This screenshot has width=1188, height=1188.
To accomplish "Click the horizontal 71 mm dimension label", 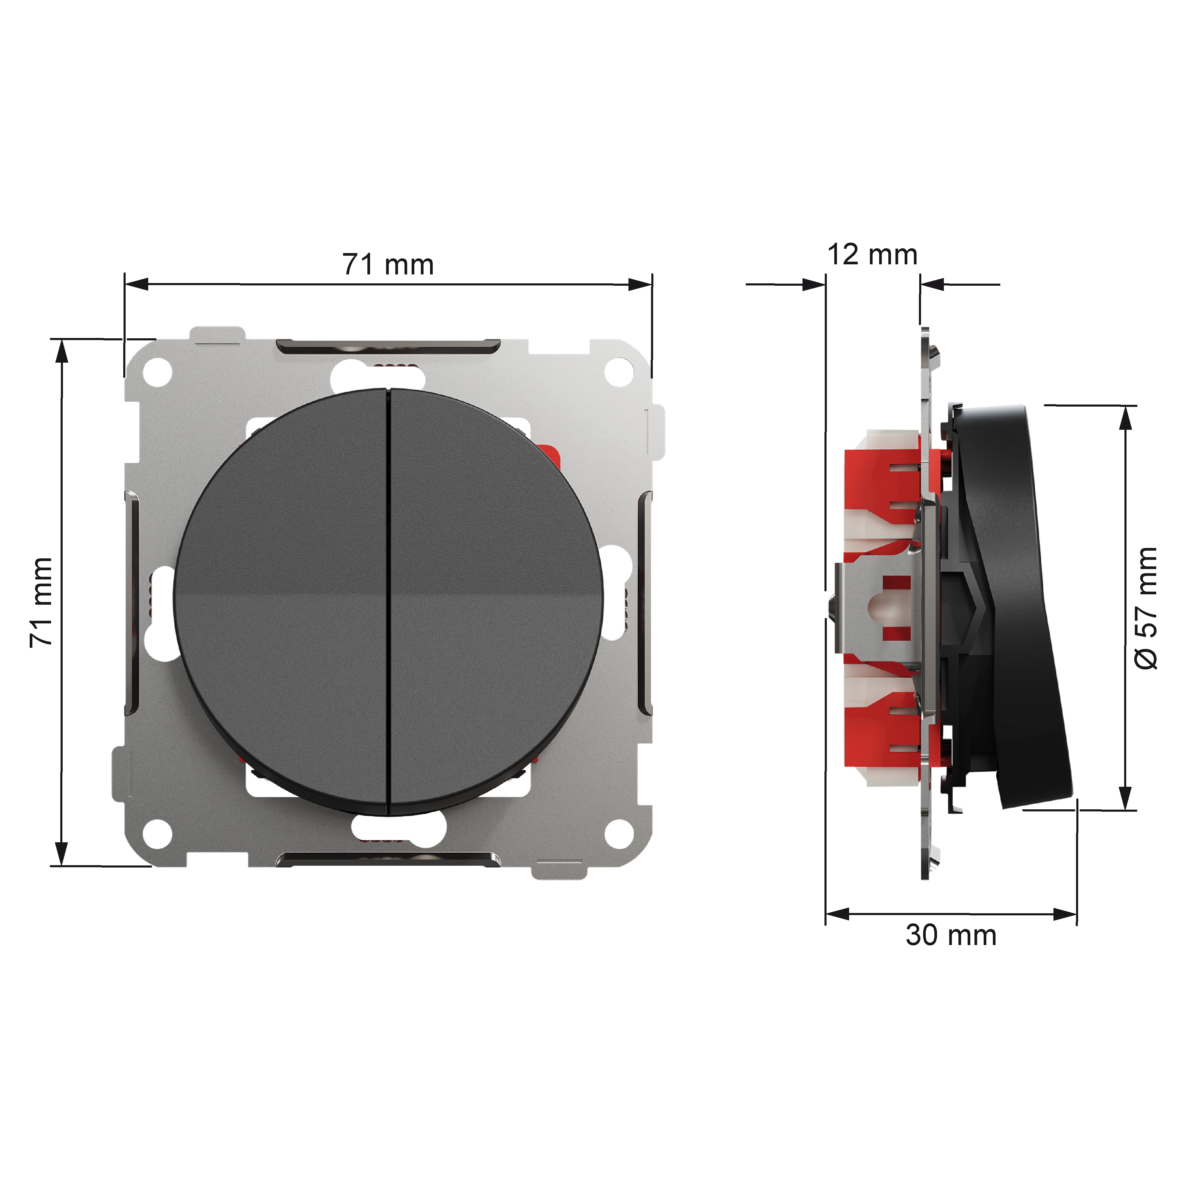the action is (388, 264).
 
